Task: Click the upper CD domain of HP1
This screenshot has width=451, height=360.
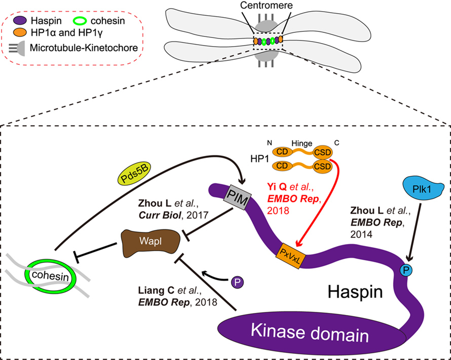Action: point(282,151)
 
